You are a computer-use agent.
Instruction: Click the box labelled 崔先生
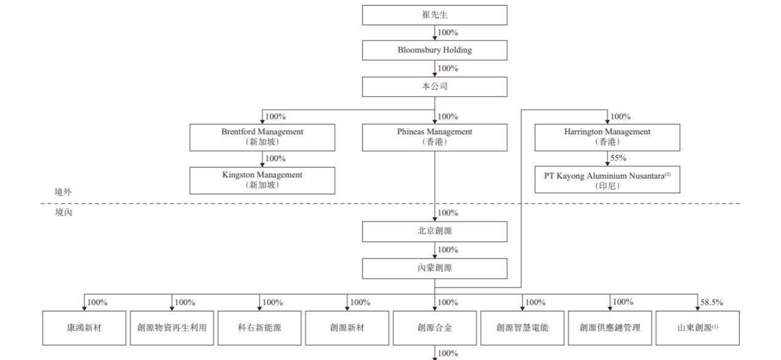pyautogui.click(x=435, y=15)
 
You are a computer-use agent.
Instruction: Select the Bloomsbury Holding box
pyautogui.click(x=435, y=50)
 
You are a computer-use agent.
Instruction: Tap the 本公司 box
pyautogui.click(x=435, y=87)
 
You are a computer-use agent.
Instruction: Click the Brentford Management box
pyautogui.click(x=262, y=137)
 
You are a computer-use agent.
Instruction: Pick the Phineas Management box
pyautogui.click(x=435, y=137)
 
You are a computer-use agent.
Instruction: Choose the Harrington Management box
pyautogui.click(x=607, y=137)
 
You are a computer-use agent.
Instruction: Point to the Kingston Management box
pyautogui.click(x=262, y=180)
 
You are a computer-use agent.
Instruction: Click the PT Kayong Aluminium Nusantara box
pyautogui.click(x=607, y=180)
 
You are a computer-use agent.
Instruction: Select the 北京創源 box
pyautogui.click(x=435, y=231)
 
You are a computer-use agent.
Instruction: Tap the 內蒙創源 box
pyautogui.click(x=435, y=268)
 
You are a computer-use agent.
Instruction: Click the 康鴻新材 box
pyautogui.click(x=84, y=328)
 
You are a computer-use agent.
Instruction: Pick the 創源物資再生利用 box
pyautogui.click(x=172, y=328)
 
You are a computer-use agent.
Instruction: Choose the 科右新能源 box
pyautogui.click(x=259, y=328)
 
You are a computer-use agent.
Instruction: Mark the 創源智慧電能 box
pyautogui.click(x=522, y=328)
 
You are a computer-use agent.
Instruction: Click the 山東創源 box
pyautogui.click(x=697, y=328)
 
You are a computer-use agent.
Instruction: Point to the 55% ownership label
pyautogui.click(x=618, y=158)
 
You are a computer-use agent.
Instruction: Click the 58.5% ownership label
pyautogui.click(x=711, y=302)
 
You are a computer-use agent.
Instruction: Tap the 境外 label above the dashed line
pyautogui.click(x=63, y=192)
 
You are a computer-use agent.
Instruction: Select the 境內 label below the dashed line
pyautogui.click(x=63, y=212)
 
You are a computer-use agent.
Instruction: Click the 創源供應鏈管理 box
pyautogui.click(x=610, y=328)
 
